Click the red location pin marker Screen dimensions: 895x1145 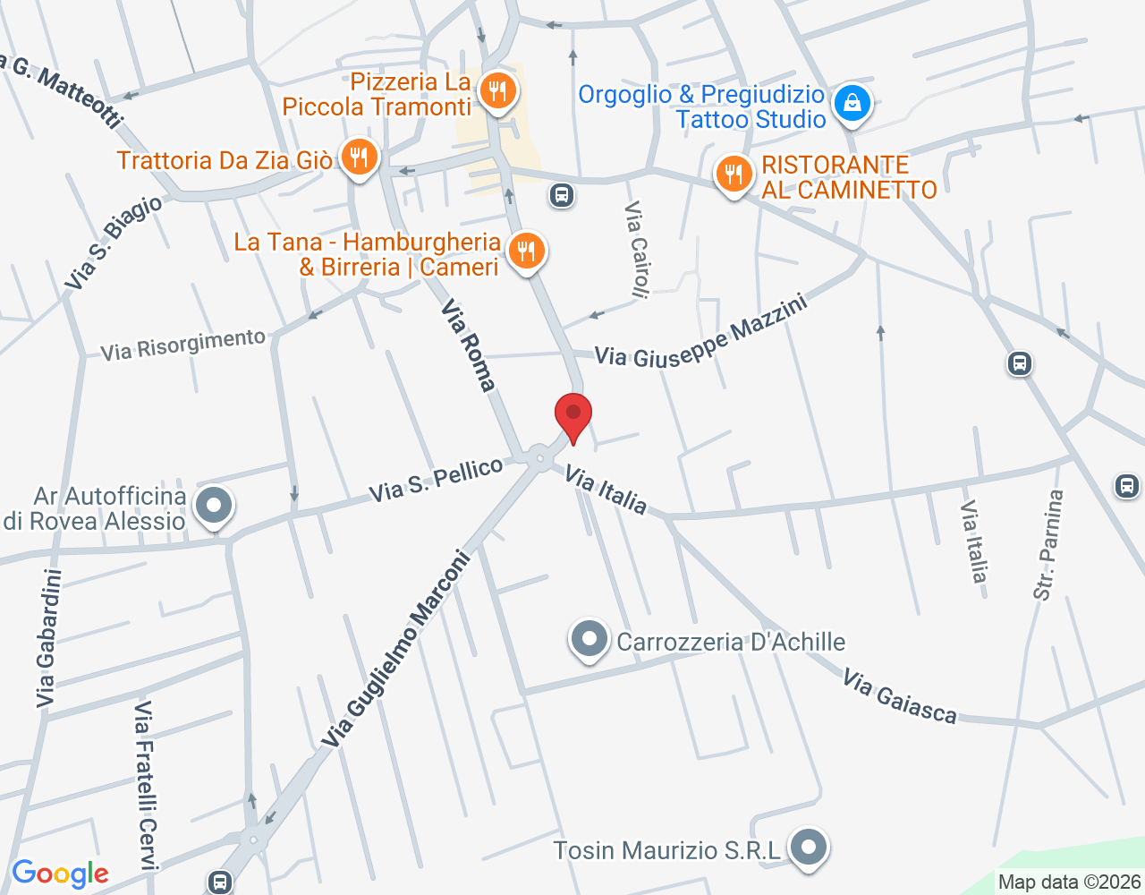573,416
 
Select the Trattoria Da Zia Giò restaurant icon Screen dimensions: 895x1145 359,158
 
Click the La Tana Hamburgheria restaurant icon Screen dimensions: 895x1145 526,251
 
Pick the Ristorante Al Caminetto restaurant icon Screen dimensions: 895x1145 734,174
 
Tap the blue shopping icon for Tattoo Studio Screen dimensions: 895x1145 852,103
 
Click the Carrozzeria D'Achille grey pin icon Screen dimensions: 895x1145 589,640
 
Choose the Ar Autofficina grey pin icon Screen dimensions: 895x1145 214,507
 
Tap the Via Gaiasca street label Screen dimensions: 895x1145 899,696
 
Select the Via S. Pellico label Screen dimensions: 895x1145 437,480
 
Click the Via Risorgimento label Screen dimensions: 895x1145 182,345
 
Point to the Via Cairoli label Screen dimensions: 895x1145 637,248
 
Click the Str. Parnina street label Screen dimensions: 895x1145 1049,544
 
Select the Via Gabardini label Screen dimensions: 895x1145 48,638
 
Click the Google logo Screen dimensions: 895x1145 60,874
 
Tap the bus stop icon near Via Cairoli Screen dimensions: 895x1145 562,194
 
